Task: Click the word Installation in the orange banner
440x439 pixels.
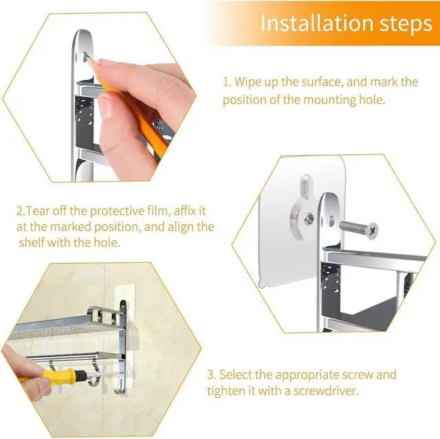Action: click(318, 23)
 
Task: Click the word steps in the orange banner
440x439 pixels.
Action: click(406, 24)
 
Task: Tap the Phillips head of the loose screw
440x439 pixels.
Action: click(372, 231)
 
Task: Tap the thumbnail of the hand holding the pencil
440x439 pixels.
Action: click(106, 107)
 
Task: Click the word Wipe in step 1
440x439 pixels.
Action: click(247, 83)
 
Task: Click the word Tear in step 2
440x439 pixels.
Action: click(37, 211)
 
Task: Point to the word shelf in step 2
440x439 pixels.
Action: click(32, 242)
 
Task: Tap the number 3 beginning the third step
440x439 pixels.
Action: click(211, 375)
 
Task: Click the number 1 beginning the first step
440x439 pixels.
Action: click(226, 82)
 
